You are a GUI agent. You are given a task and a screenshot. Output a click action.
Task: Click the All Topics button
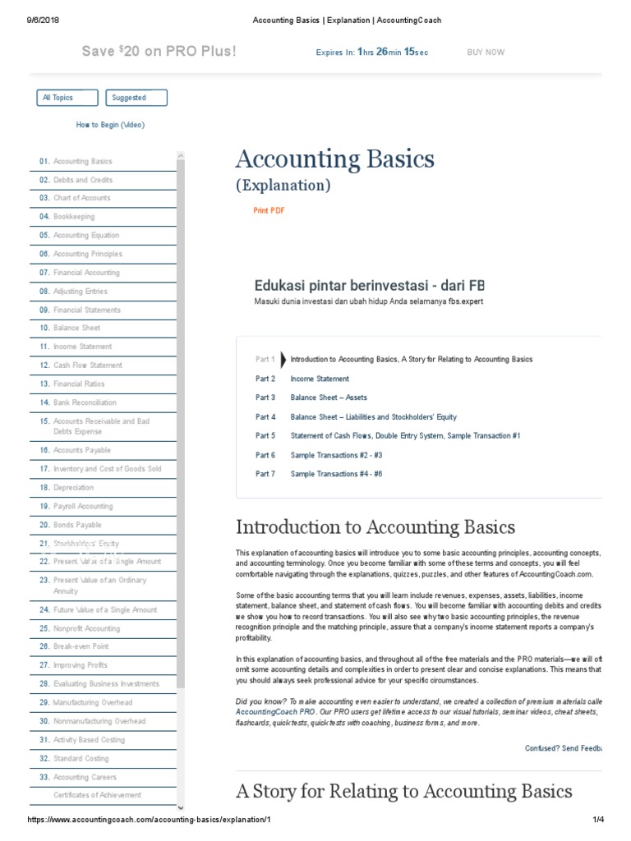pyautogui.click(x=67, y=98)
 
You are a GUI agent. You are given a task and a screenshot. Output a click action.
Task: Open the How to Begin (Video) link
pyautogui.click(x=110, y=125)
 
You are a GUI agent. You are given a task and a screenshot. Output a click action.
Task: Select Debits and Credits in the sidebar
pyautogui.click(x=82, y=180)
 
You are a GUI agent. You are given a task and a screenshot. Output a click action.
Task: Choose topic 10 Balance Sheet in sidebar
pyautogui.click(x=76, y=329)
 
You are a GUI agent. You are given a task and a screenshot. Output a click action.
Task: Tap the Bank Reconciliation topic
pyautogui.click(x=85, y=402)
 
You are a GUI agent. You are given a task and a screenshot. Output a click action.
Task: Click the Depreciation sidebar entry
pyautogui.click(x=73, y=488)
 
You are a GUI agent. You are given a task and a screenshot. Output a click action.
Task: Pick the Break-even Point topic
pyautogui.click(x=81, y=647)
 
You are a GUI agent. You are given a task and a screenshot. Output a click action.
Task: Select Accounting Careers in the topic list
pyautogui.click(x=85, y=777)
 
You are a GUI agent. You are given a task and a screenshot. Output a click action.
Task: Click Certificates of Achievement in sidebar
pyautogui.click(x=97, y=795)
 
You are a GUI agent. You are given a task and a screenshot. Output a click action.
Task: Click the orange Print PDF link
pyautogui.click(x=269, y=211)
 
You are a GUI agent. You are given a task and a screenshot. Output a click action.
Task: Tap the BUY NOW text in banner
pyautogui.click(x=486, y=53)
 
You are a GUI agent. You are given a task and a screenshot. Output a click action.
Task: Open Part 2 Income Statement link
pyautogui.click(x=319, y=379)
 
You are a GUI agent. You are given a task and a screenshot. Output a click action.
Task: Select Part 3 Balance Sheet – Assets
pyautogui.click(x=329, y=398)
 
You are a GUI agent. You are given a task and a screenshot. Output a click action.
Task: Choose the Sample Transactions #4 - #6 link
pyautogui.click(x=336, y=474)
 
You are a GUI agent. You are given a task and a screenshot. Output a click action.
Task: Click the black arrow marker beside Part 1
pyautogui.click(x=283, y=360)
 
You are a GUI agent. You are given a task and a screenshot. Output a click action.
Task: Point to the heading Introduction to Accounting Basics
pyautogui.click(x=375, y=527)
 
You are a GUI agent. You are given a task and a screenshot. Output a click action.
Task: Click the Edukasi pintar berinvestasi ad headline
pyautogui.click(x=369, y=285)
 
